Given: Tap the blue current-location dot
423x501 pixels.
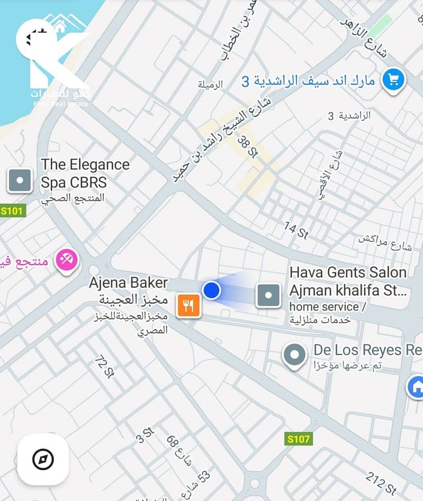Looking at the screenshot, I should pyautogui.click(x=212, y=290).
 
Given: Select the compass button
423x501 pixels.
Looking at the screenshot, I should pyautogui.click(x=43, y=460).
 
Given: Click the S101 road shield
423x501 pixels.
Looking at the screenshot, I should pyautogui.click(x=12, y=211).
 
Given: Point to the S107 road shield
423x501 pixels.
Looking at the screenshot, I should pyautogui.click(x=299, y=439).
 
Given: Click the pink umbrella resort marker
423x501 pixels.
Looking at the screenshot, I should pyautogui.click(x=68, y=260).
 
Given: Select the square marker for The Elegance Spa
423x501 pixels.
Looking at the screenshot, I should pyautogui.click(x=20, y=180).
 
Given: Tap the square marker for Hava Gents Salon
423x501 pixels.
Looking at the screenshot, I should pyautogui.click(x=268, y=295).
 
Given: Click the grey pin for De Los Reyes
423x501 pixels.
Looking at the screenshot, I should pyautogui.click(x=294, y=355).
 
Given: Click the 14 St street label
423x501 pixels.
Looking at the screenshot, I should pyautogui.click(x=296, y=231).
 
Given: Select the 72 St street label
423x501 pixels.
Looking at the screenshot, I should pyautogui.click(x=104, y=366).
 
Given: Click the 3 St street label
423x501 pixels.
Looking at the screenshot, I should pyautogui.click(x=144, y=435).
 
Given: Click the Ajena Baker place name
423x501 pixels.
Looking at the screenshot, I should pyautogui.click(x=128, y=283).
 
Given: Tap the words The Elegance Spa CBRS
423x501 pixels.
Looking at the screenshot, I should pyautogui.click(x=85, y=173).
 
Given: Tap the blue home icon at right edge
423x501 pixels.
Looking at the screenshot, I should pyautogui.click(x=417, y=386).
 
